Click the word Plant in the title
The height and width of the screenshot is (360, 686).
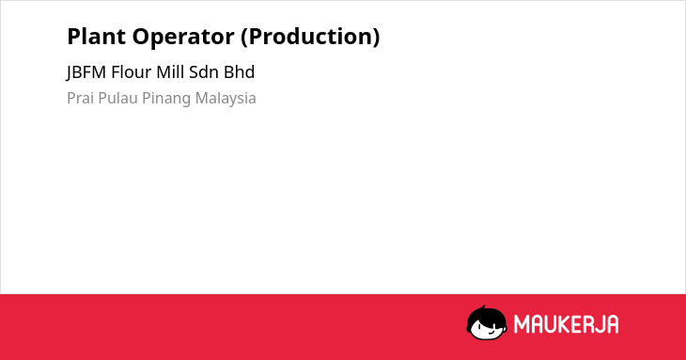(x=96, y=37)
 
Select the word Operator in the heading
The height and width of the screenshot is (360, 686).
(x=183, y=38)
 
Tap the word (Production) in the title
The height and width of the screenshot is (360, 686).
(x=310, y=38)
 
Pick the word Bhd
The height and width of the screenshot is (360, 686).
(x=239, y=72)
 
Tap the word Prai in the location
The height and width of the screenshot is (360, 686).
(x=81, y=98)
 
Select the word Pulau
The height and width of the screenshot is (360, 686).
(x=117, y=98)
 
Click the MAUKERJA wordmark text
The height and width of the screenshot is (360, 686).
(x=566, y=324)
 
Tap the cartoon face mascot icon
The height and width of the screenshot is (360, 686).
(x=487, y=322)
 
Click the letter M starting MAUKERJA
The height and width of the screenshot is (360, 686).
(x=522, y=324)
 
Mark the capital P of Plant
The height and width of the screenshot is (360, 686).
(x=73, y=37)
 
